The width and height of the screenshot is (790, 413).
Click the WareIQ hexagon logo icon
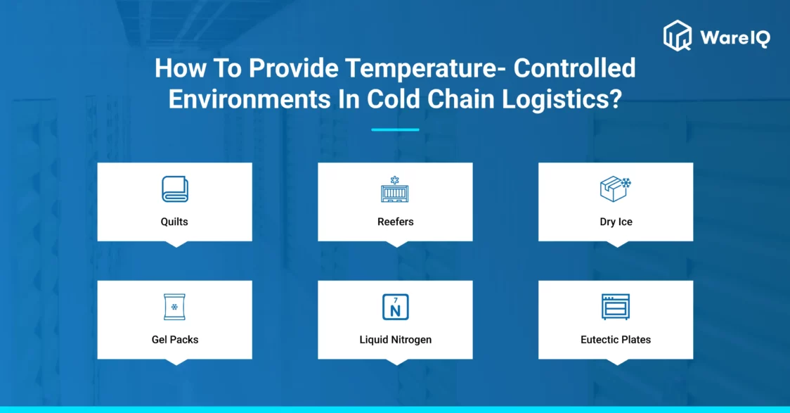(x=678, y=36)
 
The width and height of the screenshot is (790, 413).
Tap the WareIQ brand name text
(x=735, y=37)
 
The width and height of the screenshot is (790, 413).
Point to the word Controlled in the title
(x=574, y=68)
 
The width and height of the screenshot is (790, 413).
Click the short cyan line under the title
(x=395, y=129)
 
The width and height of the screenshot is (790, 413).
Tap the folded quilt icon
(x=175, y=189)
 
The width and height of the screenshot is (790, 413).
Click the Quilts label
(x=174, y=222)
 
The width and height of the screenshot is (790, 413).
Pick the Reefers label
(x=396, y=222)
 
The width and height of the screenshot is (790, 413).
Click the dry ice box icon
(x=616, y=189)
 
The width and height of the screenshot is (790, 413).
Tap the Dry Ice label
(x=616, y=222)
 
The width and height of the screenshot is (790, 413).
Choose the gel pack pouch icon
(x=174, y=307)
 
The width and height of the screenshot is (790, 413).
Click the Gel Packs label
(x=175, y=340)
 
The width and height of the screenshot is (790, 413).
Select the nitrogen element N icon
(x=396, y=307)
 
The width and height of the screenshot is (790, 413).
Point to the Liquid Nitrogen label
(x=396, y=340)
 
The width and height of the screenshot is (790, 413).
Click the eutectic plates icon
(x=616, y=307)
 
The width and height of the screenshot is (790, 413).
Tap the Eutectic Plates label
(x=616, y=340)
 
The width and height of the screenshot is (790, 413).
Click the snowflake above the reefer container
(x=395, y=180)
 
